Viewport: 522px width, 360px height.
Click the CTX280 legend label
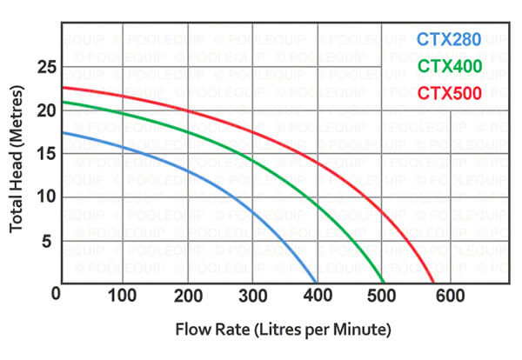pyautogui.click(x=448, y=39)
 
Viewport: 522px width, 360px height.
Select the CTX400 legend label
pyautogui.click(x=448, y=66)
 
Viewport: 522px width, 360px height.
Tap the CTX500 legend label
pyautogui.click(x=448, y=92)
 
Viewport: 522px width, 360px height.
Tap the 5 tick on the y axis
pyautogui.click(x=48, y=239)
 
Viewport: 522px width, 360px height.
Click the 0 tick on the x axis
pyautogui.click(x=57, y=296)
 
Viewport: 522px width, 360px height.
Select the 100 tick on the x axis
pyautogui.click(x=122, y=296)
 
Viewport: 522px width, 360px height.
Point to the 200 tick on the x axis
pyautogui.click(x=187, y=296)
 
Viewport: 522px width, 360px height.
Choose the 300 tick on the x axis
pyautogui.click(x=252, y=296)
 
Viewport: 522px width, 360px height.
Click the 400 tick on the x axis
pyautogui.click(x=318, y=296)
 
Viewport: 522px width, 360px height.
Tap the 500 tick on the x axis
pyautogui.click(x=383, y=296)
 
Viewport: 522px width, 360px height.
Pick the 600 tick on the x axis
pyautogui.click(x=448, y=296)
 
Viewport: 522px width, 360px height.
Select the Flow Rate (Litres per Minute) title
pyautogui.click(x=284, y=331)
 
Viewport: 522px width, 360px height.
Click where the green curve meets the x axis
pyautogui.click(x=384, y=282)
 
